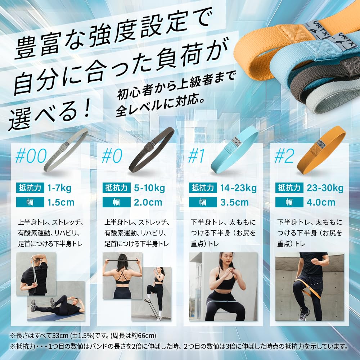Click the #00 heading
click(32, 156)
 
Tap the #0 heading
click(112, 156)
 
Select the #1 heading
click(197, 156)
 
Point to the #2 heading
click(284, 156)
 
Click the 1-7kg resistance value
click(59, 188)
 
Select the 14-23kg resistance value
click(238, 188)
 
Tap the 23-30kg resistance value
click(325, 188)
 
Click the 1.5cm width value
click(61, 202)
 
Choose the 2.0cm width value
click(148, 202)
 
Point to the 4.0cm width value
click(321, 202)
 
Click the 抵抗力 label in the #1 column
click(203, 188)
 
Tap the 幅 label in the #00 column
click(30, 202)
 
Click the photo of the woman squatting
click(223, 286)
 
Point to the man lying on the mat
click(58, 306)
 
